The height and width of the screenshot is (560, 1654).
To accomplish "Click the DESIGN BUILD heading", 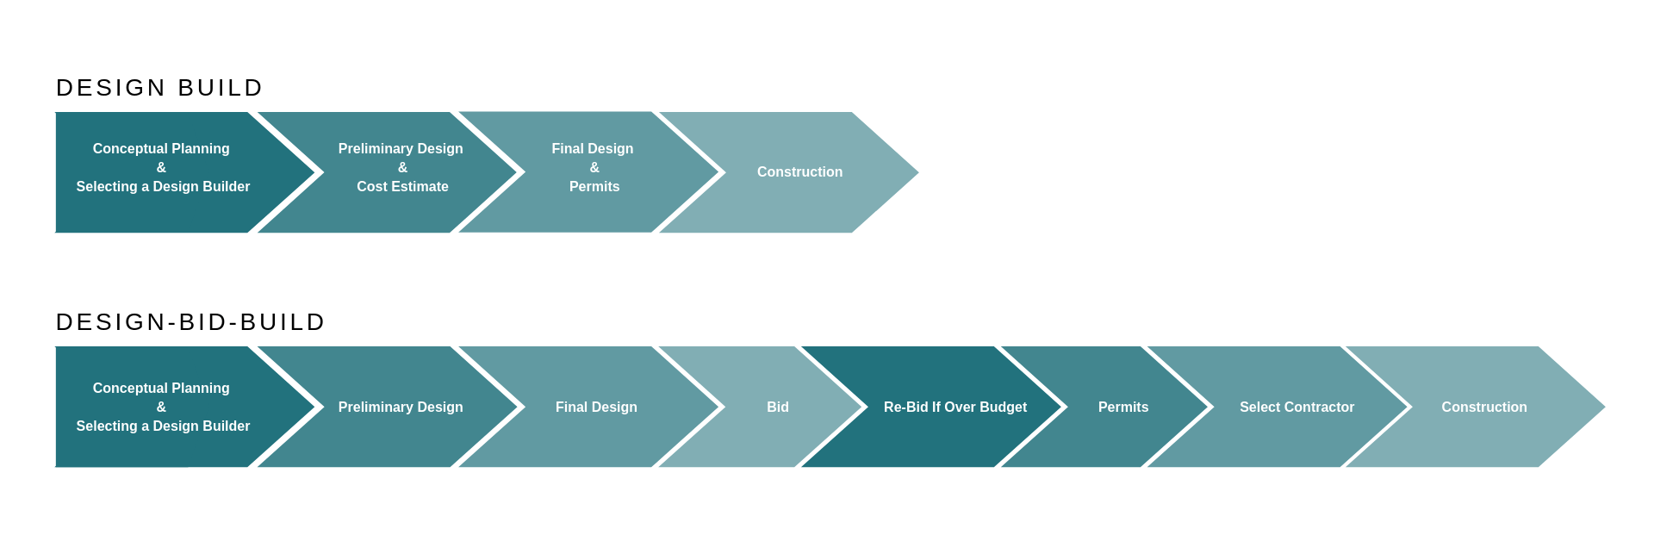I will [159, 88].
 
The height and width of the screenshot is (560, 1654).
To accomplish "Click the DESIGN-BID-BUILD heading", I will [190, 322].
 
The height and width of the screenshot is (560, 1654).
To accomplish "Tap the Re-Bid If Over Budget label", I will [954, 408].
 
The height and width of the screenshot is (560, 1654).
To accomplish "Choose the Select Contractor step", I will [1296, 408].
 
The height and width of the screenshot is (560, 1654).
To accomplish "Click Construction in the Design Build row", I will [799, 172].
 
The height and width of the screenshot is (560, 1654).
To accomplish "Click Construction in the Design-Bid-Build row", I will [1483, 408].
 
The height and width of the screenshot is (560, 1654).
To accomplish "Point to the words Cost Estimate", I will [402, 187].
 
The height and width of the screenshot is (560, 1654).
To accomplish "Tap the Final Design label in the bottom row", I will [596, 408].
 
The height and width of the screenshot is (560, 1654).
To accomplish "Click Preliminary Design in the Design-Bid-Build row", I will [401, 408].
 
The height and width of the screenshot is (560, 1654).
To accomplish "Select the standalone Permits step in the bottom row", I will [1122, 408].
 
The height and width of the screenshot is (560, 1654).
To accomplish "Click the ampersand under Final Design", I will [594, 168].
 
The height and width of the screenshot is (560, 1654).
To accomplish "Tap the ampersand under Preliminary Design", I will [402, 168].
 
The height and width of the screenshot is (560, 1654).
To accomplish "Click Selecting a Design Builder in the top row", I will [163, 187].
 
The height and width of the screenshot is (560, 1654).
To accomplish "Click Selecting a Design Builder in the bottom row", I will [163, 426].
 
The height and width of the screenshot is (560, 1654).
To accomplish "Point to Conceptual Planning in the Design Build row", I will [161, 149].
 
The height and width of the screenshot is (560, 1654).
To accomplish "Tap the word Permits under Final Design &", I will [594, 187].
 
